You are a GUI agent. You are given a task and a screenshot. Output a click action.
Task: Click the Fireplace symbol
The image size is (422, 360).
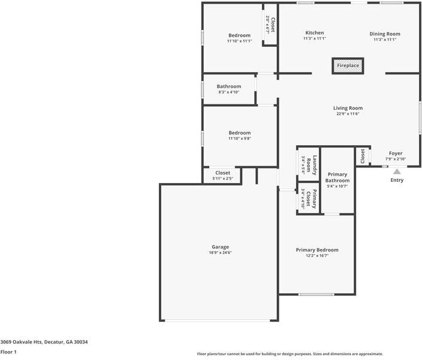(x=348, y=65)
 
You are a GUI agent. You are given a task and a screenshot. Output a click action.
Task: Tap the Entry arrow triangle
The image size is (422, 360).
(x=397, y=172)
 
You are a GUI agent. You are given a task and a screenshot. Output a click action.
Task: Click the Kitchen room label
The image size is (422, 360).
(x=315, y=33)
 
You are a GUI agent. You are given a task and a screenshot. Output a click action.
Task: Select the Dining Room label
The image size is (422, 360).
(x=385, y=34)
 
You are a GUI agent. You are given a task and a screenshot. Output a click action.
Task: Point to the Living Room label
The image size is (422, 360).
(x=348, y=108)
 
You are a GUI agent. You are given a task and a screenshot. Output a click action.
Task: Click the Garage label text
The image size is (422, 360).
(x=220, y=247)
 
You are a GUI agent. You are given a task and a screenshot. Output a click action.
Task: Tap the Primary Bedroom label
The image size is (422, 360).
(x=317, y=250)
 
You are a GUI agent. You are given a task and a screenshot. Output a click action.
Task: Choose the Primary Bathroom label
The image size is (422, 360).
(x=337, y=177)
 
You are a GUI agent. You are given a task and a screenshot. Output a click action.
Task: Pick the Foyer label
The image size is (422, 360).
(x=396, y=153)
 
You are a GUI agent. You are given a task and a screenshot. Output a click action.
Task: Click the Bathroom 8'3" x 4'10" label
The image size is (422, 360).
(x=228, y=86)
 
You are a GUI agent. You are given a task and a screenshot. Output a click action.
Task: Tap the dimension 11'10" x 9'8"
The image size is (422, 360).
(x=239, y=139)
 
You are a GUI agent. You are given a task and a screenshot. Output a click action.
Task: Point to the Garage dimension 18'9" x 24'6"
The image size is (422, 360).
(x=220, y=253)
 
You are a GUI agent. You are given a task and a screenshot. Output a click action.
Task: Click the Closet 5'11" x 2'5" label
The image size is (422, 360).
(x=222, y=173)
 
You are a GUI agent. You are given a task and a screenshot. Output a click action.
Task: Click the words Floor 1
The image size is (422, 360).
(x=8, y=352)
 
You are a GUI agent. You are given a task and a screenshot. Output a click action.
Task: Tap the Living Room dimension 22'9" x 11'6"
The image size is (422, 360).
(x=348, y=114)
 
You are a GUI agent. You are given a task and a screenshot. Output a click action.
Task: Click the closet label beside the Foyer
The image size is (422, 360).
(x=363, y=156)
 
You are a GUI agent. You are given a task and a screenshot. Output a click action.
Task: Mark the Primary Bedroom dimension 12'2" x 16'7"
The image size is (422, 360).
(x=317, y=256)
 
